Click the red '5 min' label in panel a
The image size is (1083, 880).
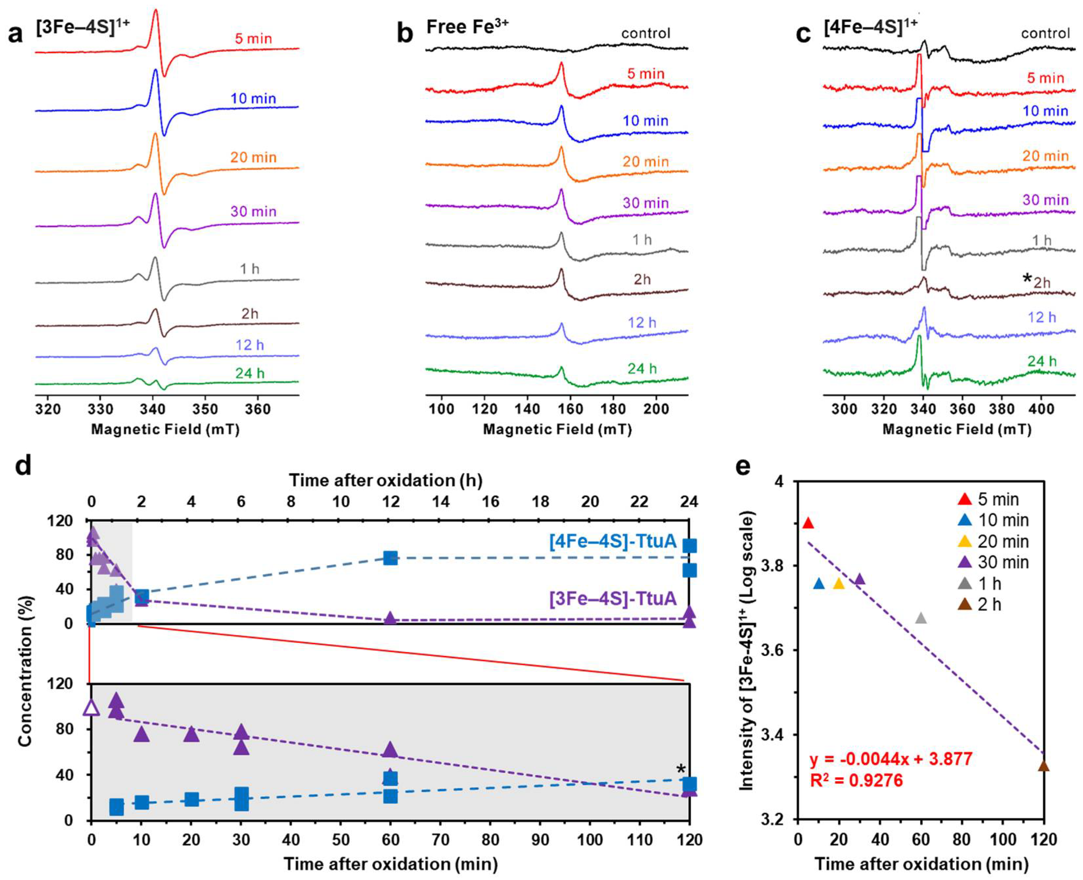[x=253, y=38]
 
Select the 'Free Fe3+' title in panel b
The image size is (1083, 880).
[x=467, y=26]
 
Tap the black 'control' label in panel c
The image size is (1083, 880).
[x=1045, y=34]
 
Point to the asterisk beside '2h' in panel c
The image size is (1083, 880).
[x=1027, y=278]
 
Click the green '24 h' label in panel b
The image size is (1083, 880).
[x=642, y=369]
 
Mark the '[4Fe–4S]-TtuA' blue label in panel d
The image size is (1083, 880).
[x=613, y=541]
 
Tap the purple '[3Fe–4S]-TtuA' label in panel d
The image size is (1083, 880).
[x=613, y=599]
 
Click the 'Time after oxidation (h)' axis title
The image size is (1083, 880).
[x=385, y=480]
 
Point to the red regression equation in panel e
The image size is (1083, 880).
[x=891, y=759]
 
